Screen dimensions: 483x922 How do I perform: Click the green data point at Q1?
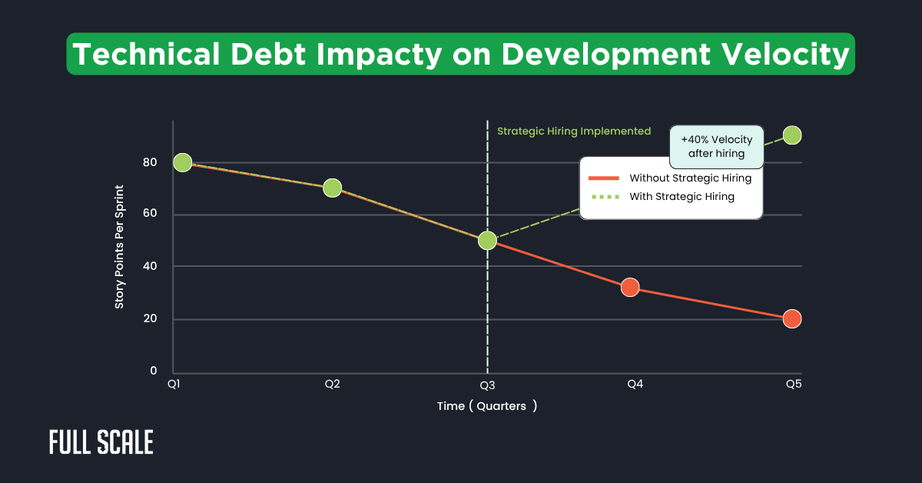(x=182, y=162)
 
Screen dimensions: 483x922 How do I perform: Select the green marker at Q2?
(x=332, y=188)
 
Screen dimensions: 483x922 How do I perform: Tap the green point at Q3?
(x=487, y=240)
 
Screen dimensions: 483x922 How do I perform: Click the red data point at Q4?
(x=630, y=288)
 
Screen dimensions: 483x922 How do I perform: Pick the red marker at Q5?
(x=792, y=318)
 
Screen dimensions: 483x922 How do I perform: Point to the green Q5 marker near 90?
(x=792, y=135)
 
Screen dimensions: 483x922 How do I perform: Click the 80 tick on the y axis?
(x=149, y=162)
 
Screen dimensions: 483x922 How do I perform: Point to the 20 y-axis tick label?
(x=149, y=319)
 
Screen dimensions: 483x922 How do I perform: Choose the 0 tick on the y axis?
(x=153, y=371)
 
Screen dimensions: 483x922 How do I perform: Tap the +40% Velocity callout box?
(x=716, y=146)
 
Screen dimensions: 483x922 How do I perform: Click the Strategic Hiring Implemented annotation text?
(x=574, y=132)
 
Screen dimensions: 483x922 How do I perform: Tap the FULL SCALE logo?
(x=101, y=442)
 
